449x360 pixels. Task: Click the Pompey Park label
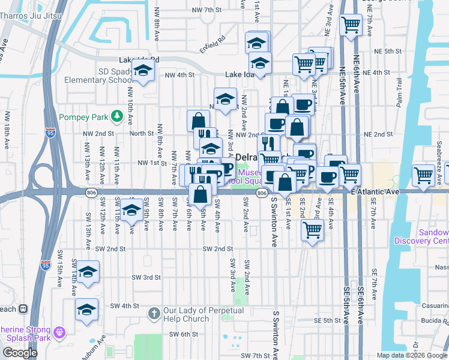[86, 116]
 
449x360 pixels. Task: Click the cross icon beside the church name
[154, 314]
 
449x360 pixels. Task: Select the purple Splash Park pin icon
[59, 332]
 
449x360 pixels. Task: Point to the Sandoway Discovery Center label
[421, 236]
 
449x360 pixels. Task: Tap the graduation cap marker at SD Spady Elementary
[143, 73]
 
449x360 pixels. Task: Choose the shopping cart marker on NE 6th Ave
[351, 26]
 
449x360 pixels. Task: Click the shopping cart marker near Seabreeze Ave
[423, 175]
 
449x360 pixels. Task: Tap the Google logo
[20, 353]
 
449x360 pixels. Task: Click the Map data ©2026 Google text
[412, 355]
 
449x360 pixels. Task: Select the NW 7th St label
[207, 10]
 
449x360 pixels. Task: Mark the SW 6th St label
[183, 334]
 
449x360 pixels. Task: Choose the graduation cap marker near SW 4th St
[87, 310]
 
